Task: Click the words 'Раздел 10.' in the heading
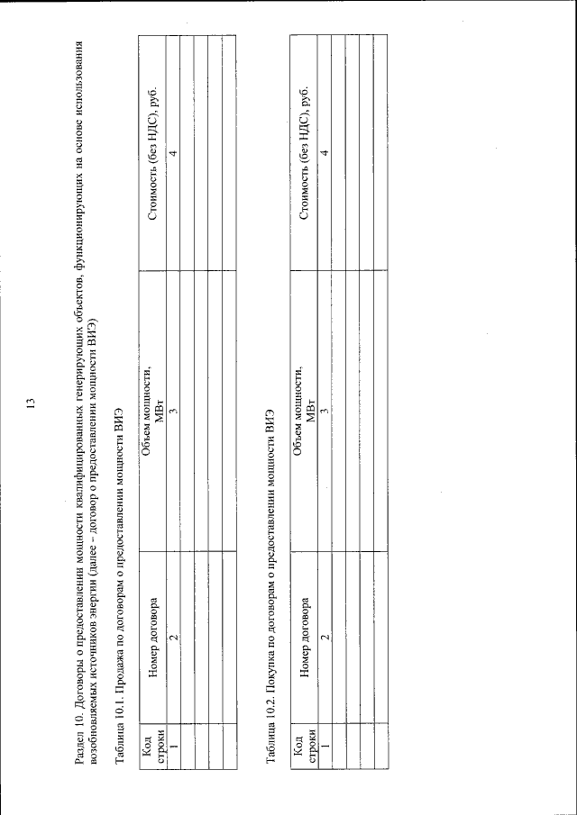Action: [x=81, y=738]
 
